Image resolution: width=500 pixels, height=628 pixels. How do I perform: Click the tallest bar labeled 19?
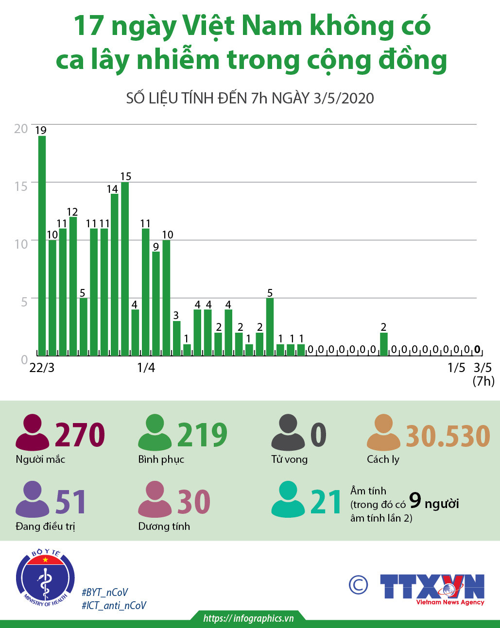[x=42, y=245]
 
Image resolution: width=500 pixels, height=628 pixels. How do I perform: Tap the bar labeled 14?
[x=115, y=274]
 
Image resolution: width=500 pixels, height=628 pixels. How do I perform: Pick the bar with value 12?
[x=73, y=286]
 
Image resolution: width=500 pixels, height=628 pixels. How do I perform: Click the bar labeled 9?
[x=156, y=304]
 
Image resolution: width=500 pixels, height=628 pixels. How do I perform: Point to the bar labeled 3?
[x=176, y=338]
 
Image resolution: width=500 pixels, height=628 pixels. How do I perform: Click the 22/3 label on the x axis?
[x=42, y=368]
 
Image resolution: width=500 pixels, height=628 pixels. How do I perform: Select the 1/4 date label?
[x=146, y=368]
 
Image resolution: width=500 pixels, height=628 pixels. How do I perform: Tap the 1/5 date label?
[x=456, y=368]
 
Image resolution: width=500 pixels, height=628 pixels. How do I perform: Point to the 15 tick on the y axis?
[x=21, y=186]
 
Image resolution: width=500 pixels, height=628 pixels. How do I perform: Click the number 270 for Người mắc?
[x=80, y=435]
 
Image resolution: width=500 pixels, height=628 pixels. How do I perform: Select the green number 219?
[x=202, y=435]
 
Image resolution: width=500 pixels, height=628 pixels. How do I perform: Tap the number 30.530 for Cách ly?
[x=448, y=436]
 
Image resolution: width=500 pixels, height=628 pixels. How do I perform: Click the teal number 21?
[x=326, y=502]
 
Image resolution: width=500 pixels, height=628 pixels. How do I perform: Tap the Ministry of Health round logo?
[x=45, y=578]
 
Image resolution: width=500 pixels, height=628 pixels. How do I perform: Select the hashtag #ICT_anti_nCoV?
[x=114, y=606]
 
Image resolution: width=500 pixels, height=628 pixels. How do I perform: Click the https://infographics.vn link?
[x=248, y=618]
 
